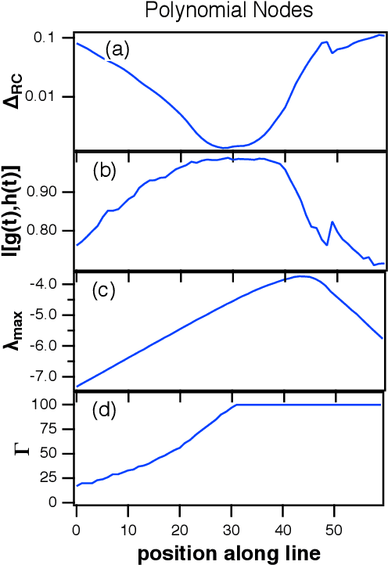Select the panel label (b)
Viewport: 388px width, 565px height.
pos(104,171)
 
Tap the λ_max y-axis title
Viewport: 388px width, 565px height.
pos(15,331)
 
